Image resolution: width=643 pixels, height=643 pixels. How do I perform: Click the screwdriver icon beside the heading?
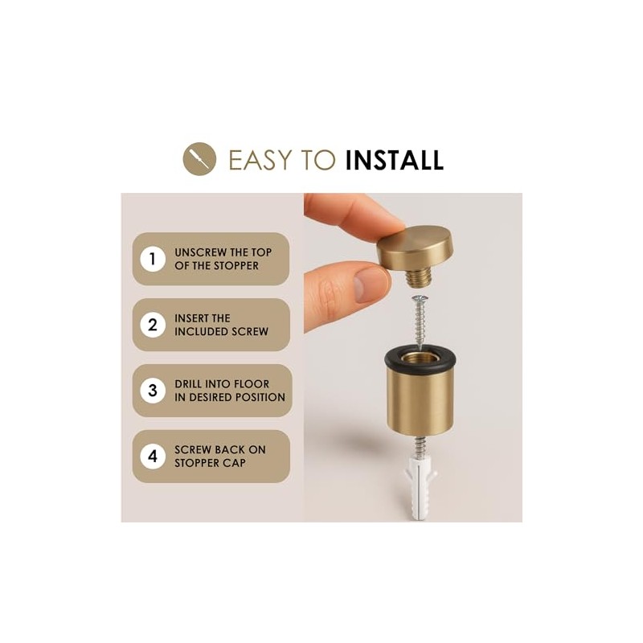coord(199,159)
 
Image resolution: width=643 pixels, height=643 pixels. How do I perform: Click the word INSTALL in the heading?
coord(394,160)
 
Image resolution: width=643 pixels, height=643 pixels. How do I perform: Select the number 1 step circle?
coord(153,259)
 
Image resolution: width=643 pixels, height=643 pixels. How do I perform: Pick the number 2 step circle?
coord(153,325)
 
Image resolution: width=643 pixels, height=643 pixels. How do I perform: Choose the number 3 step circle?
coord(153,391)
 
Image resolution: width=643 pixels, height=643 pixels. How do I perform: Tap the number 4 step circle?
coord(153,456)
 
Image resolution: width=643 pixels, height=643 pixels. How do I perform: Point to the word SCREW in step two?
coord(250,331)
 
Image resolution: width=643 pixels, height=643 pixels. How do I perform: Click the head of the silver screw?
coord(420,297)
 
